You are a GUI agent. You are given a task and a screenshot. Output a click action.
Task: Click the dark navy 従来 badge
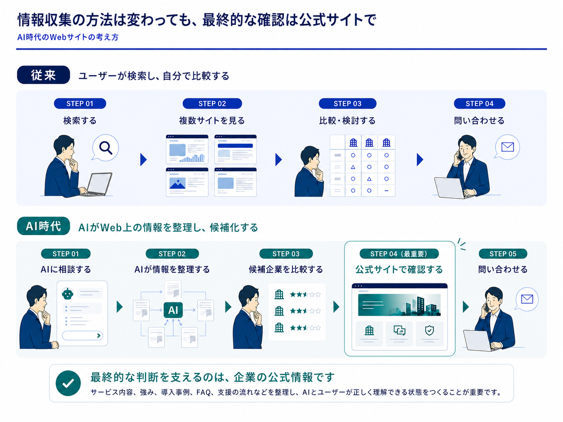[x=43, y=75]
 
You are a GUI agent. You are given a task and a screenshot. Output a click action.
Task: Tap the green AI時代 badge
[x=43, y=226]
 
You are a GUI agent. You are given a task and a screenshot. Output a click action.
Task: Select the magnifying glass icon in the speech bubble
[x=106, y=148]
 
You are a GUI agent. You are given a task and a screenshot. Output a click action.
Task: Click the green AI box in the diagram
[x=173, y=310]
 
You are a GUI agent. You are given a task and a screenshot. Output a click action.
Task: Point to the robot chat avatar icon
[x=68, y=293]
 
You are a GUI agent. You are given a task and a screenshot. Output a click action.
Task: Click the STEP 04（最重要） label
[x=399, y=254]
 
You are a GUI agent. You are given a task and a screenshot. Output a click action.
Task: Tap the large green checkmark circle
[x=68, y=383]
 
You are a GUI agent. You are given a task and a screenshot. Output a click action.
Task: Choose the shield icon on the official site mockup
[x=429, y=331]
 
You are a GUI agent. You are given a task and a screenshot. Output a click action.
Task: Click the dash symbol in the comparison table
[x=386, y=191]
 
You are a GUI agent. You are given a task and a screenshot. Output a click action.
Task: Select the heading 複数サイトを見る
[x=212, y=120]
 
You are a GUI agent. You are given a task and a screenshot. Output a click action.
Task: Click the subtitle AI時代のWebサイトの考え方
[x=68, y=38]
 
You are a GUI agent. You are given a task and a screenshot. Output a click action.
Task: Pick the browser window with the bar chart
[x=187, y=149]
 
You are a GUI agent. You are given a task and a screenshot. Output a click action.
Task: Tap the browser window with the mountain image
[x=187, y=182]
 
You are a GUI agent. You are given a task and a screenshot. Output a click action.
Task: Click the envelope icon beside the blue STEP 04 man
[x=507, y=147]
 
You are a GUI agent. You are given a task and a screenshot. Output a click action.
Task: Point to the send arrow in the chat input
[x=99, y=335]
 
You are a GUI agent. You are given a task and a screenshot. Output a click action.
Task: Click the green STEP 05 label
[x=503, y=254]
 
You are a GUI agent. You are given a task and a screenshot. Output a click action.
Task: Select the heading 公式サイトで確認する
[x=399, y=269]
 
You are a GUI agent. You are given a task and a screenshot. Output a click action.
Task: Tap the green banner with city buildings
[x=399, y=305]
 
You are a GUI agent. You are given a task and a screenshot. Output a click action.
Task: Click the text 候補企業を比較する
[x=286, y=269]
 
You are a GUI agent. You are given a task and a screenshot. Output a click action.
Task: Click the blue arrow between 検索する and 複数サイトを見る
[x=143, y=160]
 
